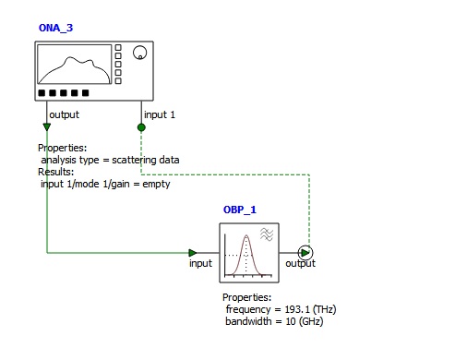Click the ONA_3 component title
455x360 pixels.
click(x=55, y=28)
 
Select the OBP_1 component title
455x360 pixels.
click(x=240, y=210)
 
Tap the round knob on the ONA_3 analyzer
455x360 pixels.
click(x=139, y=53)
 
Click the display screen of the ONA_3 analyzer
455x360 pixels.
click(x=74, y=64)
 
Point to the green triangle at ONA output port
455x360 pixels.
click(x=47, y=126)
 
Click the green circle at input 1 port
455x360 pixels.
click(x=141, y=127)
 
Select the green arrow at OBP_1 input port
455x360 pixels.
click(x=193, y=253)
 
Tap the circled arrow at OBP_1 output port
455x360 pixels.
click(x=305, y=253)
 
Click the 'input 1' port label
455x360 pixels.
click(x=160, y=114)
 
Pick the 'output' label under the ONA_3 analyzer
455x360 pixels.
click(x=64, y=114)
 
